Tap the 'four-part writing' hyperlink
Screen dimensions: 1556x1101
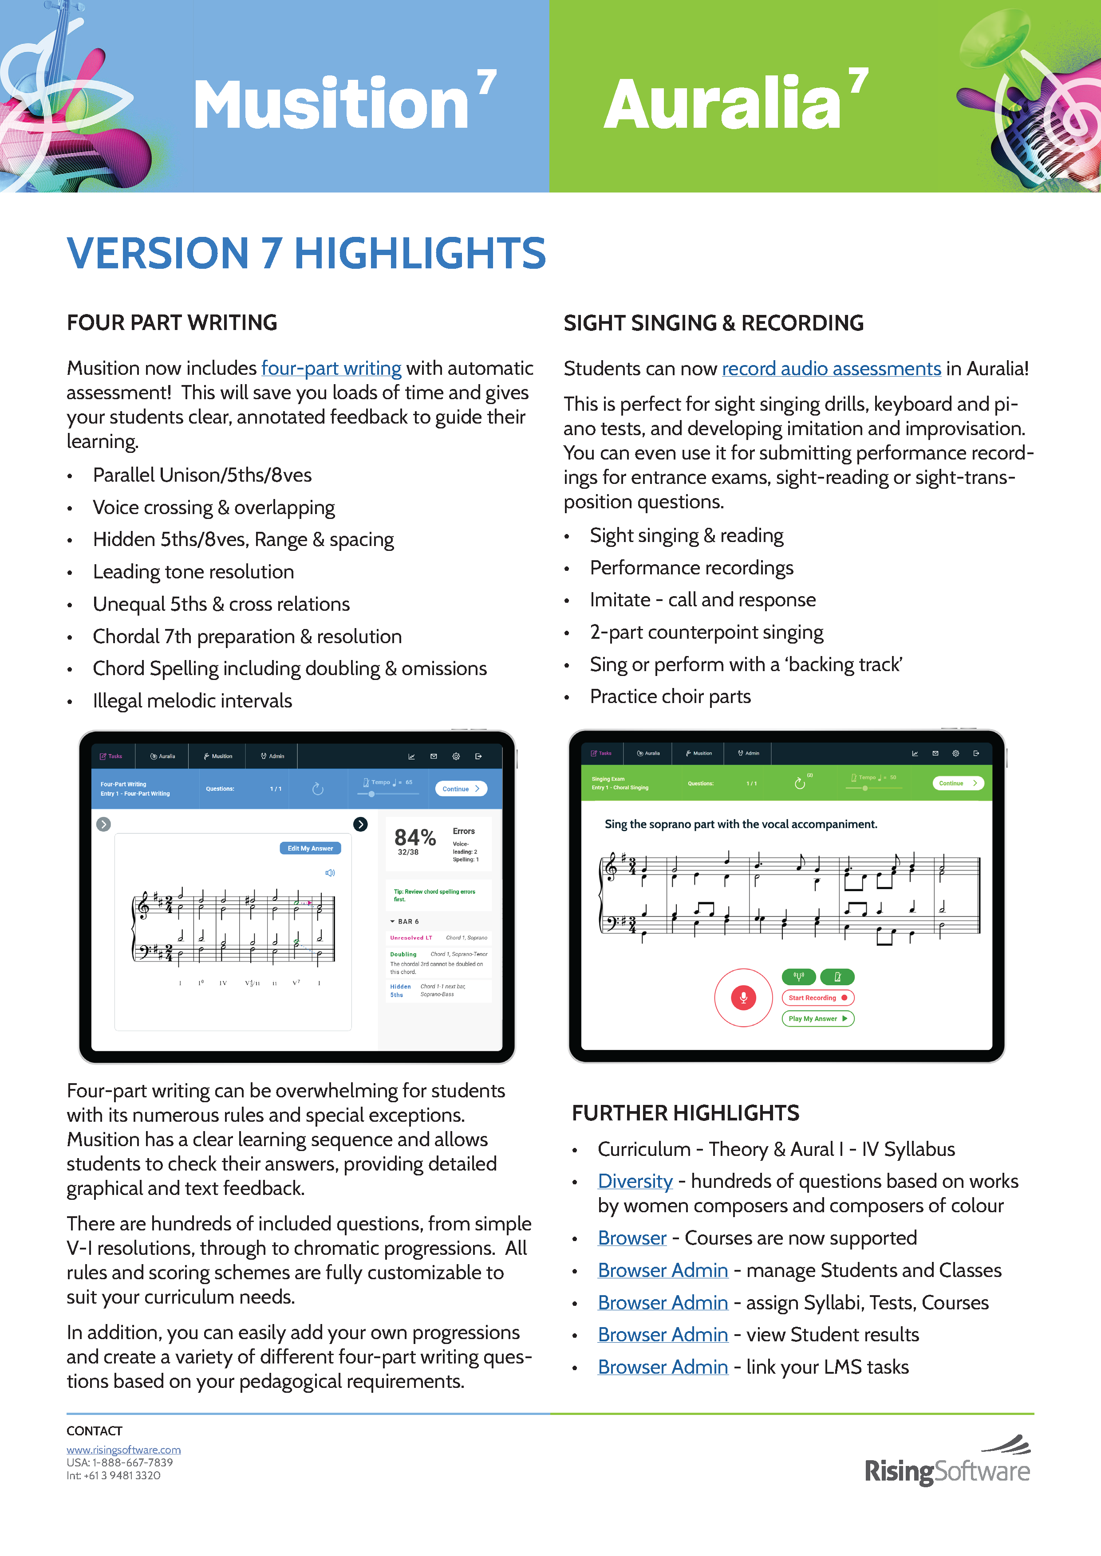pos(331,368)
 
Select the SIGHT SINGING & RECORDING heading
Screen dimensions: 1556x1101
pos(713,323)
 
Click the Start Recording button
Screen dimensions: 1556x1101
pos(817,998)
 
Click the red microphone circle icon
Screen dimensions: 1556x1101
pos(743,998)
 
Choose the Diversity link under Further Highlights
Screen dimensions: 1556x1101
pos(635,1181)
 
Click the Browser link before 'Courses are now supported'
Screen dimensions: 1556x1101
pos(632,1238)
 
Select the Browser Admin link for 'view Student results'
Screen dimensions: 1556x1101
pos(663,1335)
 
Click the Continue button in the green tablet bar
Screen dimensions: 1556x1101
pos(957,783)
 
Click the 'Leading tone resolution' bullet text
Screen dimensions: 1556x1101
pos(193,572)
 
